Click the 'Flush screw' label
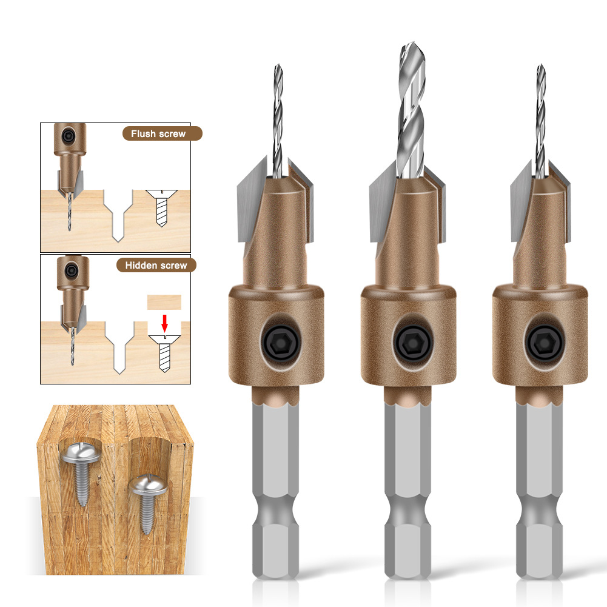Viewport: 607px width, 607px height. click(158, 133)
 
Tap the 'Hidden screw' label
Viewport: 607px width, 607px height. click(156, 265)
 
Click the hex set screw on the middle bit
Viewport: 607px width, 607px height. click(413, 343)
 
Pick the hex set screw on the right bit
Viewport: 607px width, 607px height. click(545, 343)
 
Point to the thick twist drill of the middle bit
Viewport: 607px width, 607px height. click(412, 110)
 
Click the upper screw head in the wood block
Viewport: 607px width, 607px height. click(81, 453)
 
